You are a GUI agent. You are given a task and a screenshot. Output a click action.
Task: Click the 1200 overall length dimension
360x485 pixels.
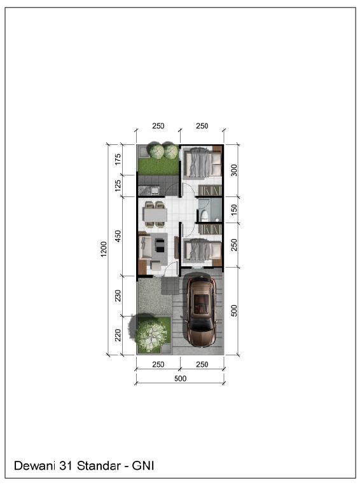coord(104,249)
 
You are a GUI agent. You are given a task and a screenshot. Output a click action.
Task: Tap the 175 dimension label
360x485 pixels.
coord(118,160)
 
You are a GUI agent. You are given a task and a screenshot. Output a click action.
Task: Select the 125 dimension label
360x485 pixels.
coord(118,186)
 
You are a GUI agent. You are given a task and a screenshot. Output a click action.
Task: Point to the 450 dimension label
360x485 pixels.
coord(118,236)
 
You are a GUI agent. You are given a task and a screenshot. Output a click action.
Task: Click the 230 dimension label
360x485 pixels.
coord(118,296)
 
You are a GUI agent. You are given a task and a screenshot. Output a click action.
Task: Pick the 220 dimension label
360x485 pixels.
coord(118,335)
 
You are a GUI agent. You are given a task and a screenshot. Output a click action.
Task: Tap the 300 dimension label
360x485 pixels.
coord(234,170)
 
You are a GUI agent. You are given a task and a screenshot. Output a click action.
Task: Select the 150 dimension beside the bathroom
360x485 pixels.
coord(234,210)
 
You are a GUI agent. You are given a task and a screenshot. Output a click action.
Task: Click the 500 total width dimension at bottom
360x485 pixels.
coord(180,378)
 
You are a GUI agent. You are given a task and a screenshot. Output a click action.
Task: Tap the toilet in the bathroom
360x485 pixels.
coord(204,215)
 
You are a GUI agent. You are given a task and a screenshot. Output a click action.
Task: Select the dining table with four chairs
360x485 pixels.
coord(155,214)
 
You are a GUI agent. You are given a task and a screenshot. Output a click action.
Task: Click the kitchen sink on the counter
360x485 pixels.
coord(154,190)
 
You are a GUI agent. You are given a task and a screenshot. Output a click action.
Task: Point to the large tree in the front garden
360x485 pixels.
coord(151,333)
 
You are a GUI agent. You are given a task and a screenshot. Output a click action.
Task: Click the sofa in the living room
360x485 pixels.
coord(145,247)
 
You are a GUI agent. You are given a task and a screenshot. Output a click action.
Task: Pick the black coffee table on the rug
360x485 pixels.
coord(160,246)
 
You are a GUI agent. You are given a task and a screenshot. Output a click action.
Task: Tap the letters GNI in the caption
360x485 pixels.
coord(143,466)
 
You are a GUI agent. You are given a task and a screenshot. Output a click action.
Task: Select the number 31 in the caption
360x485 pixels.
coord(66,466)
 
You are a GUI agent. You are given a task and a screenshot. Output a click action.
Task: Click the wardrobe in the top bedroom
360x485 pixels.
coord(210,190)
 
